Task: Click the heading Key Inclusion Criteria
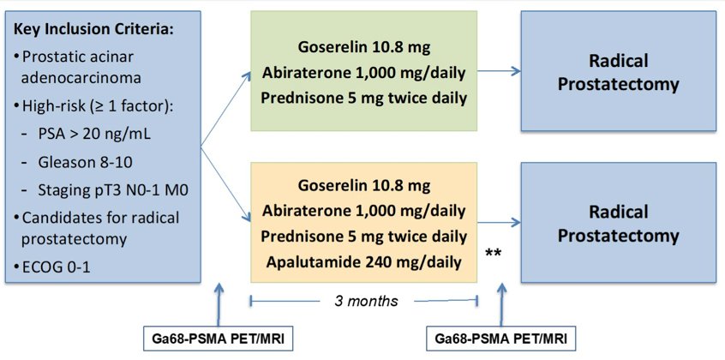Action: tap(94, 30)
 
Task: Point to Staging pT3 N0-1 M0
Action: tap(113, 190)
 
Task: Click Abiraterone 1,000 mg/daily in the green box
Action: tap(364, 72)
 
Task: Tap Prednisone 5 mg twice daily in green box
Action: tap(364, 98)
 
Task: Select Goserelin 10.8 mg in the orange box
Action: tap(364, 185)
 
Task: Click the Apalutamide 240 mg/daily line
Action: tap(364, 262)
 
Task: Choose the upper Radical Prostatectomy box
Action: tap(618, 71)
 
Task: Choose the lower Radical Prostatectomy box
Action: tap(618, 223)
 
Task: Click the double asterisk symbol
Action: tap(494, 254)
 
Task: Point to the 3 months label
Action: tap(366, 301)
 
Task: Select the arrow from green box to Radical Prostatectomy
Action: tap(499, 71)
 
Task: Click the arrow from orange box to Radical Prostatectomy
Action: tap(499, 224)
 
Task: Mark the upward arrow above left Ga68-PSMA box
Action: tap(219, 305)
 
